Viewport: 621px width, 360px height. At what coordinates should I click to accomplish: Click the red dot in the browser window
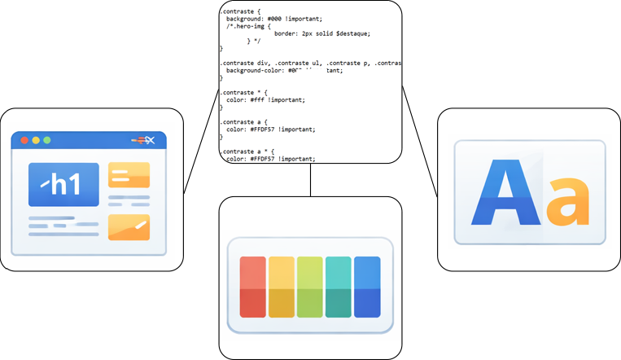pos(24,140)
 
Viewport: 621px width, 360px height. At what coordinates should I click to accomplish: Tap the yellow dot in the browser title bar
pos(36,140)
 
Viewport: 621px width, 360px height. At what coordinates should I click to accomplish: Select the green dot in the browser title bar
pos(47,140)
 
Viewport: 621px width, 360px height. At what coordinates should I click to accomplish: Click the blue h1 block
pos(63,184)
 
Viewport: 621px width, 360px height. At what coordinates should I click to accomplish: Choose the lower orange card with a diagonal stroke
pos(129,226)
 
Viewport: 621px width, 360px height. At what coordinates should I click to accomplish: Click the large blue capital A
pos(505,192)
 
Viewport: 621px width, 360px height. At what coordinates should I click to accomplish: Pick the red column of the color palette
pos(253,287)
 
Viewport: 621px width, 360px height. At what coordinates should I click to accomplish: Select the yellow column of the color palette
pos(282,287)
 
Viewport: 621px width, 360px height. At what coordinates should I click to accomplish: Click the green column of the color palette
pos(310,287)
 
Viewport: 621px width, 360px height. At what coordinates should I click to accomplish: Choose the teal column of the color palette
pos(338,287)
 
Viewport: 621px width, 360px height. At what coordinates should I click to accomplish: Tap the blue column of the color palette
pos(367,287)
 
